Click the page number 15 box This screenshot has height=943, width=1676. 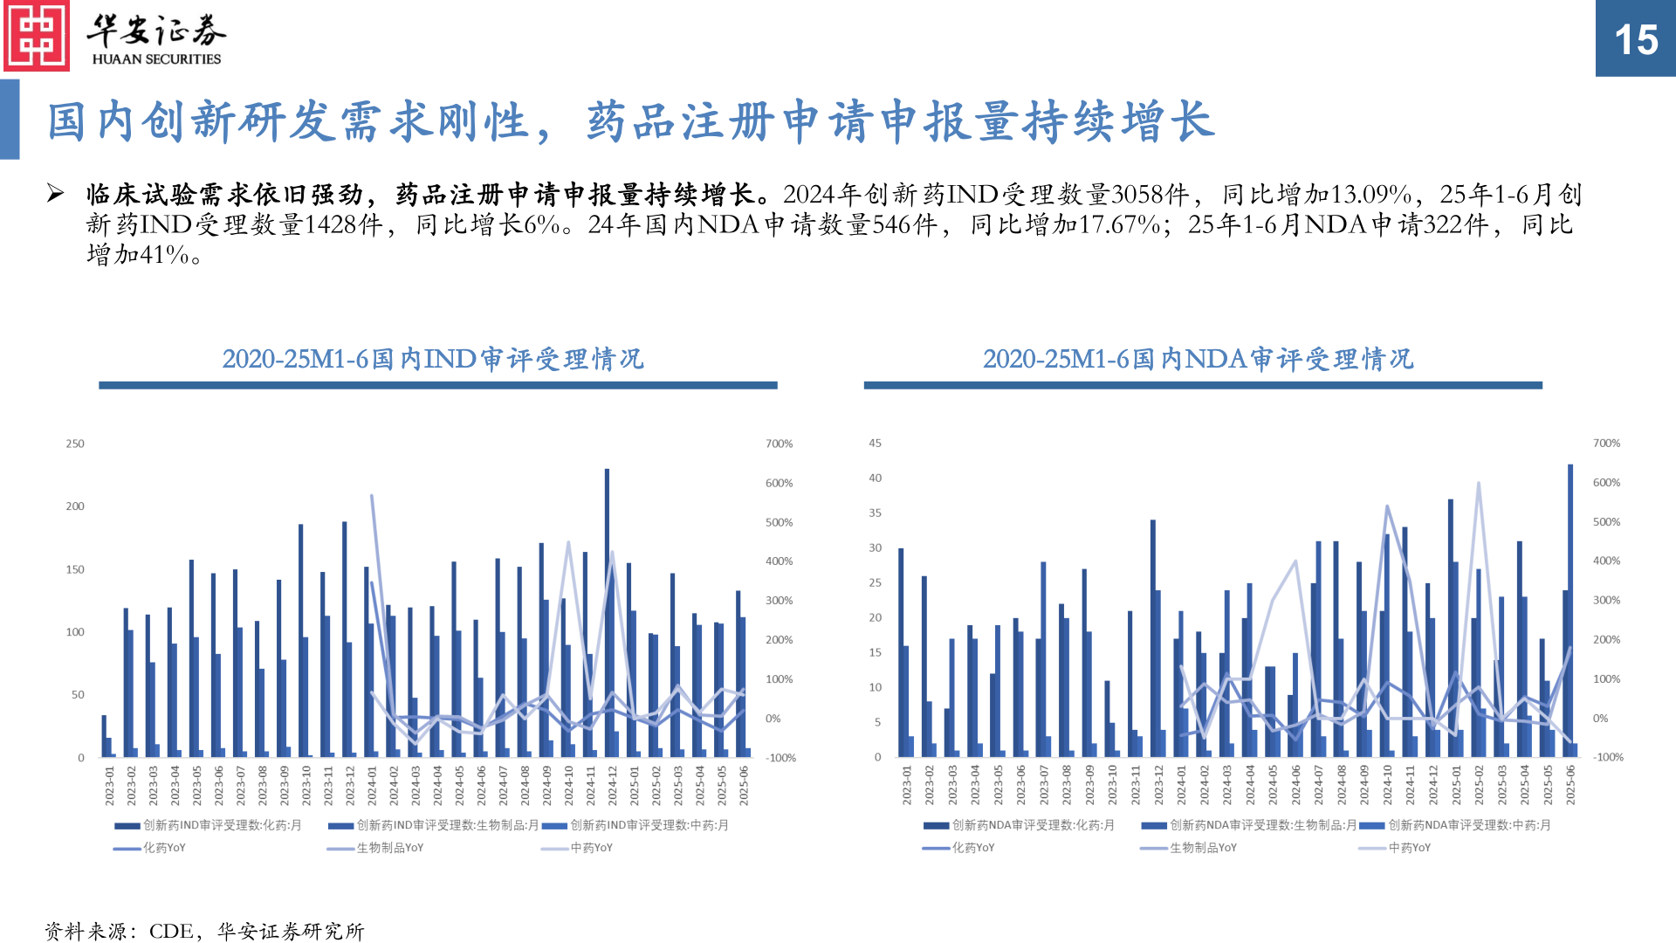pos(1635,39)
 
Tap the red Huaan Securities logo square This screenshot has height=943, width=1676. pos(36,36)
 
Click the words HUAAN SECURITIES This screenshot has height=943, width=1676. pos(157,59)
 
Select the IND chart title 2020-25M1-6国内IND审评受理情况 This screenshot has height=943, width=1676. pos(433,359)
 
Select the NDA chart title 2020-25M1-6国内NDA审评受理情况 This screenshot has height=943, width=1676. pos(1198,359)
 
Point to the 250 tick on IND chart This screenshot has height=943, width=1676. pos(75,444)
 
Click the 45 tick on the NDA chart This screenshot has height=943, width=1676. pos(875,444)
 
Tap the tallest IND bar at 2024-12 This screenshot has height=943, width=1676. pos(607,611)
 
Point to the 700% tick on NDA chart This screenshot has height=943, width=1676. pos(1606,444)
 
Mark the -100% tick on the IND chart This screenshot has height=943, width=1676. pos(780,758)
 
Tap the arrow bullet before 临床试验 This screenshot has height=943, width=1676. pos(55,193)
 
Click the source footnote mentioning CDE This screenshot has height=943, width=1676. pos(204,932)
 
